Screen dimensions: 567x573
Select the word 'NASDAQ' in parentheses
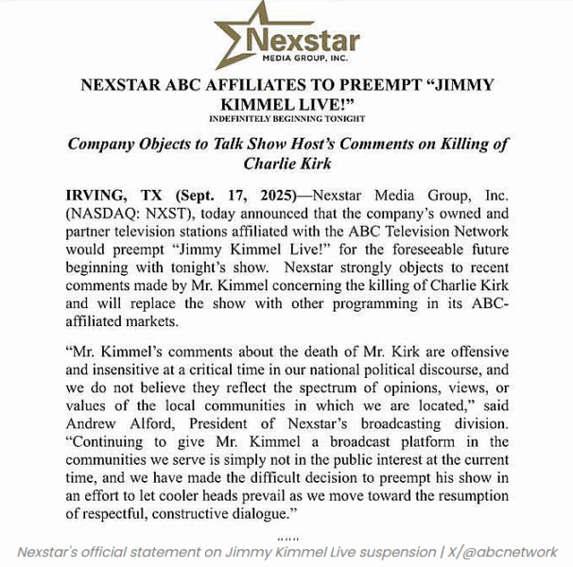click(x=103, y=215)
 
